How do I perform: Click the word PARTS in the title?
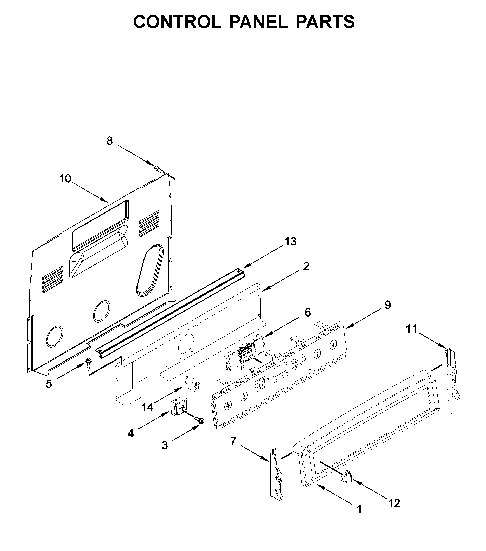(325, 22)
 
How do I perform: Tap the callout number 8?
(109, 141)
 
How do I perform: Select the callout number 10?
(65, 179)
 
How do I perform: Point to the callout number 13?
(291, 242)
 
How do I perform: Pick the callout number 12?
(394, 503)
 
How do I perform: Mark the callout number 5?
(49, 384)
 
